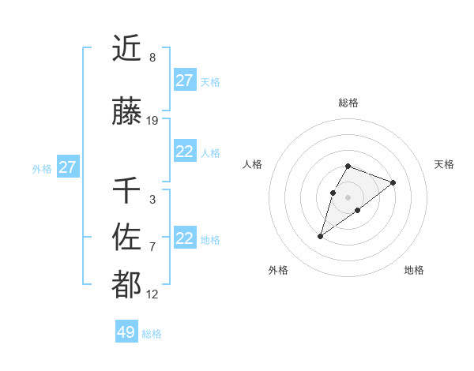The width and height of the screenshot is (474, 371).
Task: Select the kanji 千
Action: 126,191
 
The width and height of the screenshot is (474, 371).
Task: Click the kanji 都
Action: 126,286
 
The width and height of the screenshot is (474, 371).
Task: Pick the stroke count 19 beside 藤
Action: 152,121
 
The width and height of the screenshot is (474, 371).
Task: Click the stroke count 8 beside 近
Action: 152,58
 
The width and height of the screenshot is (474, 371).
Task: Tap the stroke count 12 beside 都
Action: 152,294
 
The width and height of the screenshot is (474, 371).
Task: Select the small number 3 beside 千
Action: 152,200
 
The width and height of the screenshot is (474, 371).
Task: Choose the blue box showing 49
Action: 126,332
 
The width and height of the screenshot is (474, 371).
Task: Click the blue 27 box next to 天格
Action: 184,81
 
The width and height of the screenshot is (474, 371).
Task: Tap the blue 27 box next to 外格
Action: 67,167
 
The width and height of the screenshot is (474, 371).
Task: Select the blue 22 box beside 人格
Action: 184,152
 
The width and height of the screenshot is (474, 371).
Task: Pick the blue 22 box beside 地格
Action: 184,238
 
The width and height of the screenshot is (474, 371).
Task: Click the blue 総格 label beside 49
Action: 152,334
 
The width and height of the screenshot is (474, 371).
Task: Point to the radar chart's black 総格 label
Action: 348,103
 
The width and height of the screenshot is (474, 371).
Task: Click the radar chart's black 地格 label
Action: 414,270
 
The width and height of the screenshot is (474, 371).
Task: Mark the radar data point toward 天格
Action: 393,182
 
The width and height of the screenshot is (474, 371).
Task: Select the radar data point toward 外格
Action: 321,236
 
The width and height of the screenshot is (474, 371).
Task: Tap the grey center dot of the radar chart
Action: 348,197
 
